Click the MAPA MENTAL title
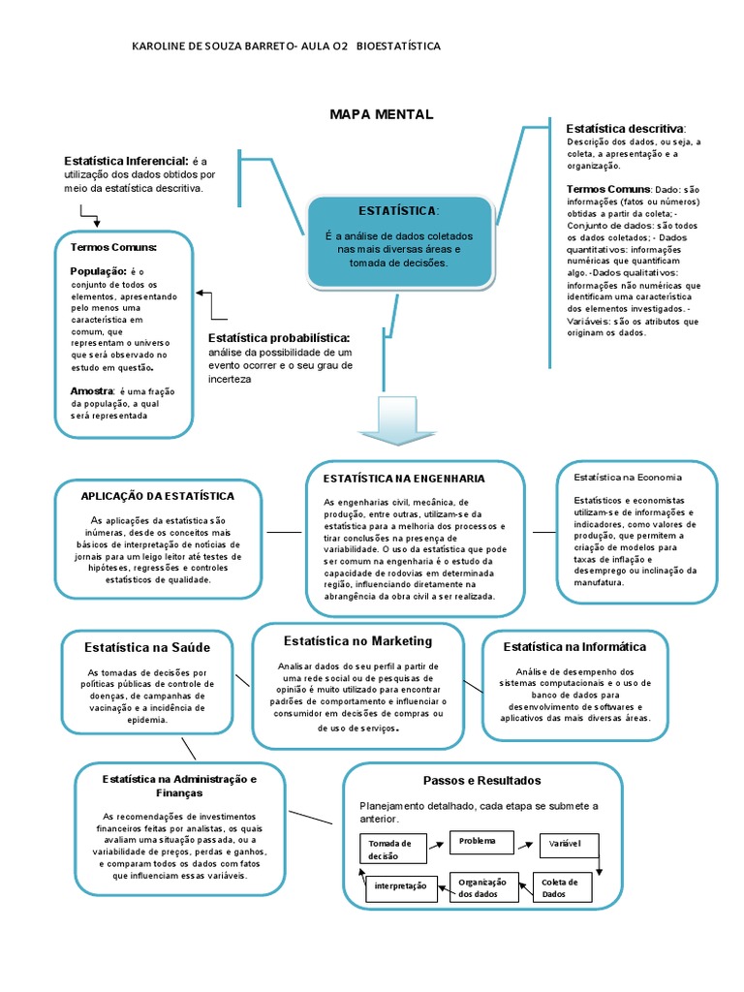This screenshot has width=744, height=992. (382, 115)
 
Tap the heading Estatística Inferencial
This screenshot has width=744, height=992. (126, 161)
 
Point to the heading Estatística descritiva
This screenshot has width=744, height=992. (625, 129)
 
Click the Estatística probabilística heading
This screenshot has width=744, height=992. (279, 337)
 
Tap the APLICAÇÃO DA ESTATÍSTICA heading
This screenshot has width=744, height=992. (158, 496)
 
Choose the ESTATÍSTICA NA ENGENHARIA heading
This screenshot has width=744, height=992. (404, 479)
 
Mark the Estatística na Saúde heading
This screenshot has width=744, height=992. (146, 647)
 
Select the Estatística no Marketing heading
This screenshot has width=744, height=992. (357, 641)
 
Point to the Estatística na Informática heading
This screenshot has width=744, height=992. (574, 646)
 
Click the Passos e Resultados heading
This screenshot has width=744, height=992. (481, 780)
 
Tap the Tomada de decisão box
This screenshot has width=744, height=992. (395, 850)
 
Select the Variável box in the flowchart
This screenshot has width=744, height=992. (564, 844)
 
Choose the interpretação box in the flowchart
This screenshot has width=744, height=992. (401, 887)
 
